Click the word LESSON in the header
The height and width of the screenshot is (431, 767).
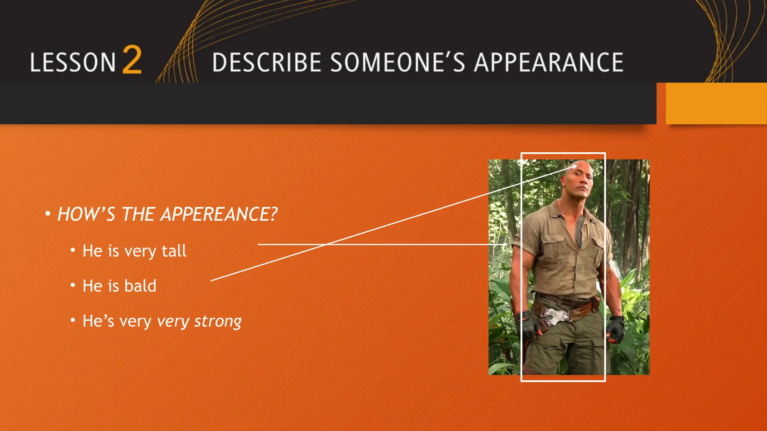click(x=73, y=62)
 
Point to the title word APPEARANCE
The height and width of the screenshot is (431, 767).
click(x=549, y=62)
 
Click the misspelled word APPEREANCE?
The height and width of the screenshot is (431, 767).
click(x=219, y=214)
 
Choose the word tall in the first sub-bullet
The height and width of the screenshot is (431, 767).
click(x=174, y=251)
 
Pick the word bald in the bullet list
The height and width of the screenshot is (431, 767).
click(x=140, y=286)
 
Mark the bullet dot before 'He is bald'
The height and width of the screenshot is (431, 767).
click(x=73, y=285)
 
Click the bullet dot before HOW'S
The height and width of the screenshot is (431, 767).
click(x=48, y=214)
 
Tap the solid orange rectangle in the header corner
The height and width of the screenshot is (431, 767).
click(x=716, y=103)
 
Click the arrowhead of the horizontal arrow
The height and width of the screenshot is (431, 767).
click(x=506, y=244)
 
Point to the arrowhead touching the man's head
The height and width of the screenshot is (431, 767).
click(x=575, y=166)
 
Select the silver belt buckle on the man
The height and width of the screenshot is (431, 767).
click(x=555, y=315)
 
